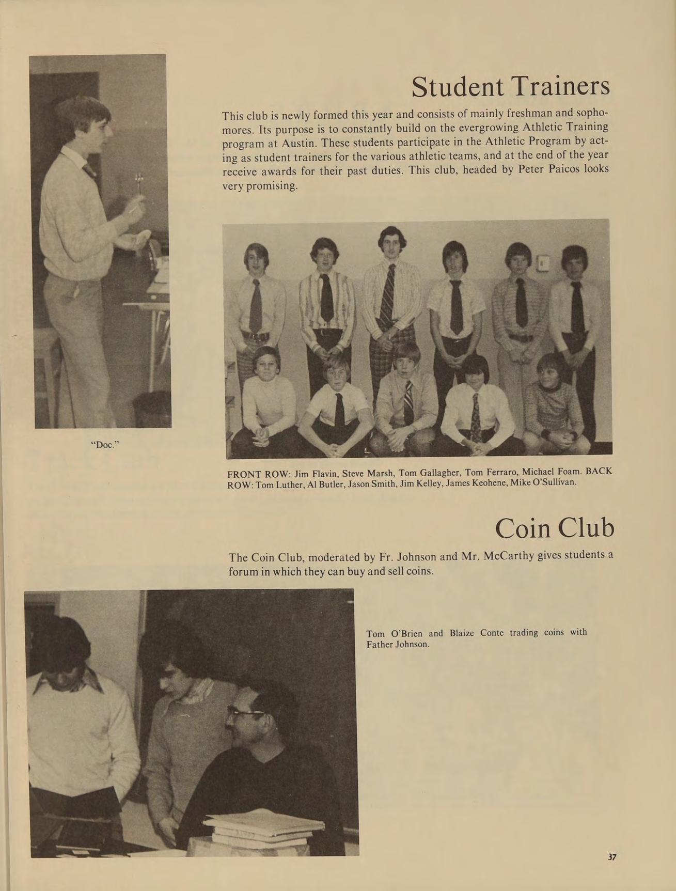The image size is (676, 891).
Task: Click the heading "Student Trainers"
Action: click(510, 87)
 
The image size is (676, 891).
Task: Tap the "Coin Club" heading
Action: click(554, 528)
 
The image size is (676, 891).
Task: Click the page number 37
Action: click(611, 856)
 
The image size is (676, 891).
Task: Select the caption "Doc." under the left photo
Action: click(105, 444)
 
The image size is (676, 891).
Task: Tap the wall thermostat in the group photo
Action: click(542, 263)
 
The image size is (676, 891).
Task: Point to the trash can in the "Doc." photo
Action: click(152, 408)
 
